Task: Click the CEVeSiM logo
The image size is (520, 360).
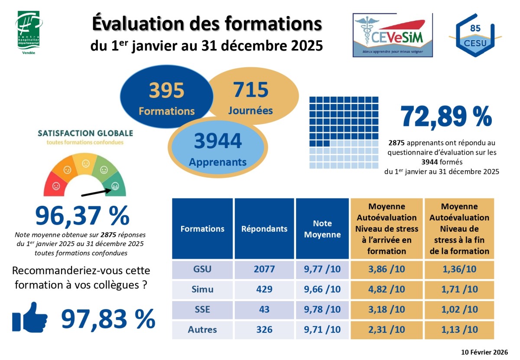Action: coord(393,35)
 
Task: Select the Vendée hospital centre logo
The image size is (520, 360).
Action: coord(29,32)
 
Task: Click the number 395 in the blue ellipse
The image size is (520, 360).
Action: coord(167,91)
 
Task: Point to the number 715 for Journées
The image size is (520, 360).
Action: coord(251,90)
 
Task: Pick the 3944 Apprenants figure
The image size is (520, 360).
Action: coord(218,141)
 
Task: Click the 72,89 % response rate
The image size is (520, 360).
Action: coord(446,116)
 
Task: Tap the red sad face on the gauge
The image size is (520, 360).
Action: coord(56,186)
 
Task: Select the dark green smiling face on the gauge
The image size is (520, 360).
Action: coord(115,186)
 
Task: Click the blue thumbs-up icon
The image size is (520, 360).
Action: coord(30,317)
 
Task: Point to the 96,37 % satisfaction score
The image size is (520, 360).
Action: coord(82,215)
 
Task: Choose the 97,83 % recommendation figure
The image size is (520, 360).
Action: coord(108,319)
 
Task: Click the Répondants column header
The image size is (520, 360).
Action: coord(264,229)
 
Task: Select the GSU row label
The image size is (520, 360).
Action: coord(202,269)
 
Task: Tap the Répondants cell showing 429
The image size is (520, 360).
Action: coord(264,289)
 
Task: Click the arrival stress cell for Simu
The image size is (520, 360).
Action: coord(386,289)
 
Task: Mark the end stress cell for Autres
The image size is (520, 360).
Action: coord(459,330)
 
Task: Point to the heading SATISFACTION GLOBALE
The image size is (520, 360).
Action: coord(85,133)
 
